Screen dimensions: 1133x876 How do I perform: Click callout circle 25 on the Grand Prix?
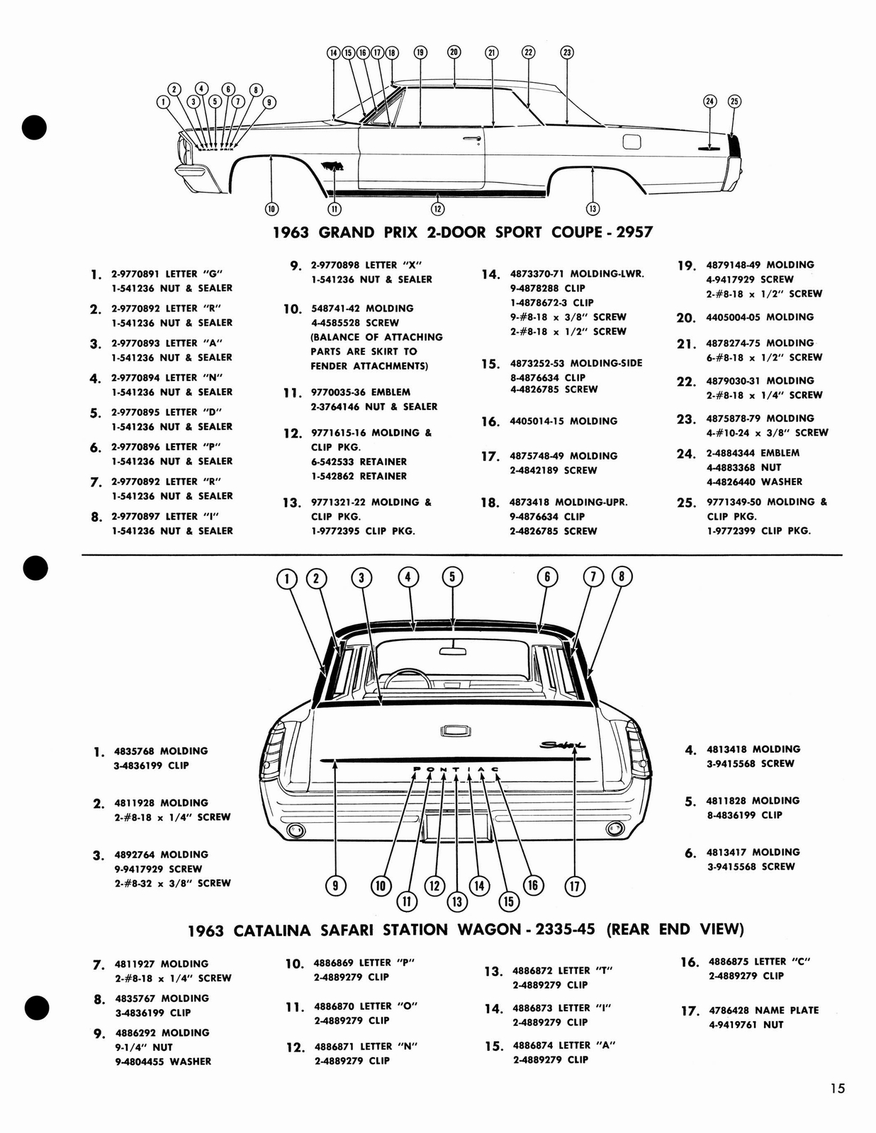pyautogui.click(x=734, y=101)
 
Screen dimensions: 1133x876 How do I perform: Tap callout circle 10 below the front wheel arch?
pyautogui.click(x=271, y=208)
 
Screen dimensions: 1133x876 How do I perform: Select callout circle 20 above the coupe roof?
pyautogui.click(x=454, y=52)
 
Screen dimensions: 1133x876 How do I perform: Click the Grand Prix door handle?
pyautogui.click(x=472, y=138)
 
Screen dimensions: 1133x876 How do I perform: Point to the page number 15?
pyautogui.click(x=838, y=1089)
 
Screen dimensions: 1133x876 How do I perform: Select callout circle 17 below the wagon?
pyautogui.click(x=574, y=886)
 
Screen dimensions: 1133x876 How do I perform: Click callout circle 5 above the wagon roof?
pyautogui.click(x=453, y=577)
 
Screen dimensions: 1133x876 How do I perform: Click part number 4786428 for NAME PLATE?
pyautogui.click(x=729, y=1010)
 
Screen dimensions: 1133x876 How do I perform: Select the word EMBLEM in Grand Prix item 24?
pyautogui.click(x=780, y=453)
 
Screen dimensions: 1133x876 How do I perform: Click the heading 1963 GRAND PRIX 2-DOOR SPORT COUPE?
pyautogui.click(x=463, y=232)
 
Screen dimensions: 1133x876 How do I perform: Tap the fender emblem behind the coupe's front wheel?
pyautogui.click(x=332, y=166)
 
